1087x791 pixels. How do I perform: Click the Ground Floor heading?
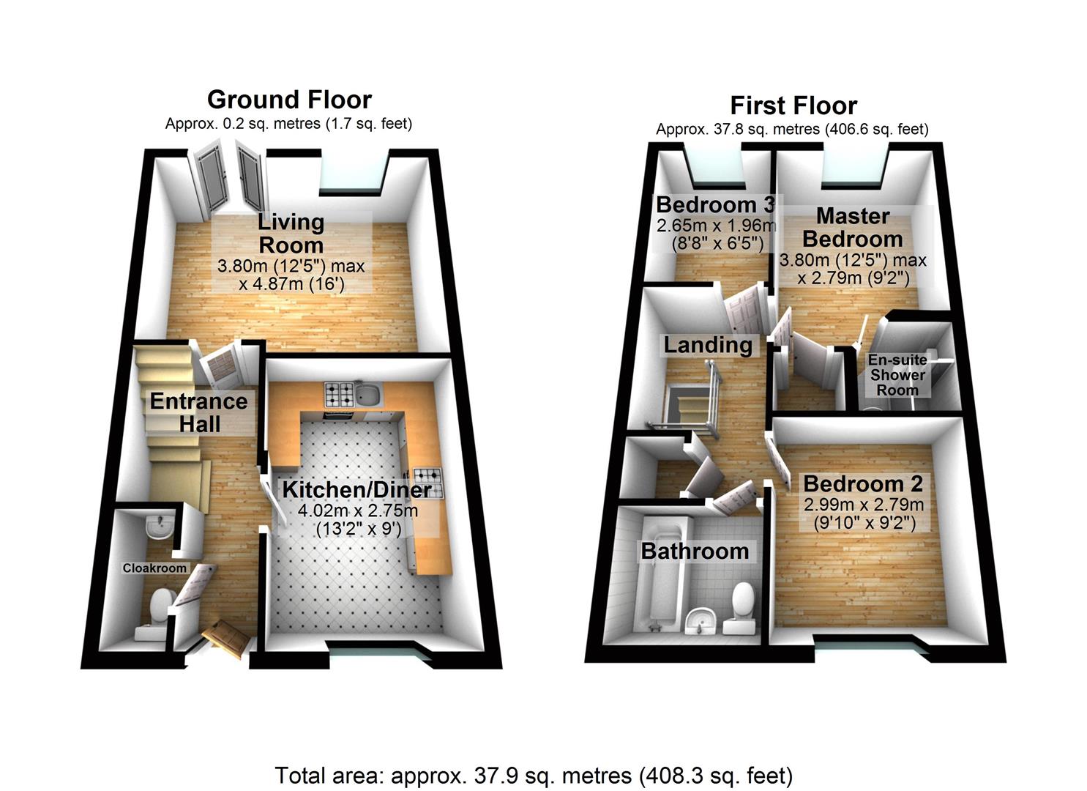tap(289, 100)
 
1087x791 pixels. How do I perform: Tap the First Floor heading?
tap(793, 106)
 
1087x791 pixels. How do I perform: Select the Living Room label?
tap(291, 233)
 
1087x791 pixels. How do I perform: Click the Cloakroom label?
tap(154, 568)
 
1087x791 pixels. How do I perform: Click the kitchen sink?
tap(370, 395)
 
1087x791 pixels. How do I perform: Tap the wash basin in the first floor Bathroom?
tap(701, 622)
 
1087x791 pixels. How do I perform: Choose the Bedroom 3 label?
tap(715, 204)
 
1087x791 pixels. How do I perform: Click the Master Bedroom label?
tap(853, 228)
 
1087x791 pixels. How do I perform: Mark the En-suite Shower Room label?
tap(897, 375)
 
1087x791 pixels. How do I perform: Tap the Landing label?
tap(708, 345)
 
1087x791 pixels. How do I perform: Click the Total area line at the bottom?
tap(534, 775)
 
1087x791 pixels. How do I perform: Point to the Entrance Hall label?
tap(199, 412)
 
